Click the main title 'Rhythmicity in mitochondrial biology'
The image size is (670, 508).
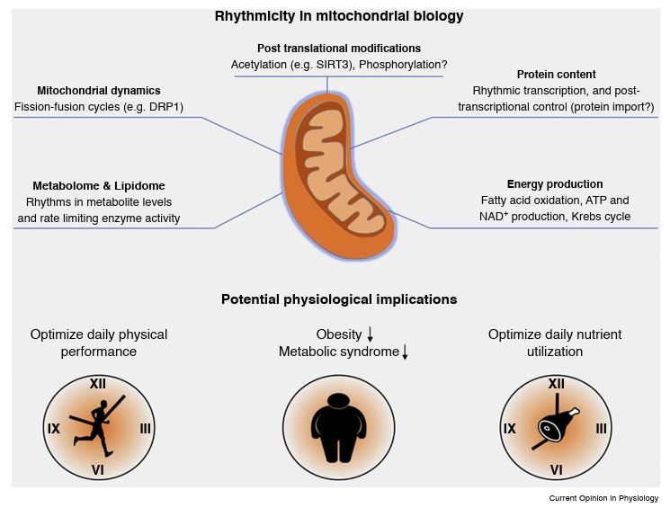(x=339, y=15)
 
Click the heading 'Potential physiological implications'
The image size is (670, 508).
(x=339, y=299)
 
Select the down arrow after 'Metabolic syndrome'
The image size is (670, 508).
(x=406, y=352)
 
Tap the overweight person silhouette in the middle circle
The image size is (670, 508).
(x=340, y=428)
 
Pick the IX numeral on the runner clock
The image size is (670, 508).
(x=54, y=428)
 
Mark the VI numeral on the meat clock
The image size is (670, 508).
(x=557, y=469)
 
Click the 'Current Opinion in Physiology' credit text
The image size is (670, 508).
(x=603, y=498)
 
